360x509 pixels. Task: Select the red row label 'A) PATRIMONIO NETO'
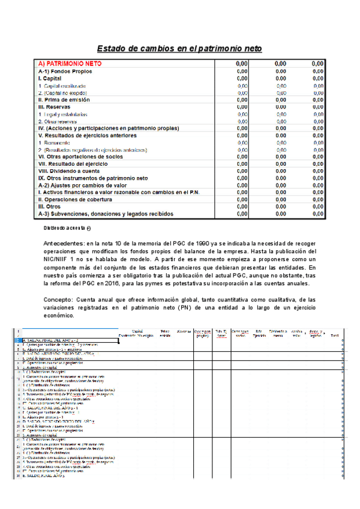point(70,63)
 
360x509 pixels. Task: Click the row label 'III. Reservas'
point(58,106)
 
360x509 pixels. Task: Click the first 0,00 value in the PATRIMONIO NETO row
point(242,63)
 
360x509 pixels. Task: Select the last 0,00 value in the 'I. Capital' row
point(317,78)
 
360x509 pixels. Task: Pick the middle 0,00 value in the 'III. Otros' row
point(280,206)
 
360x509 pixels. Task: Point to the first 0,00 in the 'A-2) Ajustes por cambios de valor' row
point(242,185)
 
